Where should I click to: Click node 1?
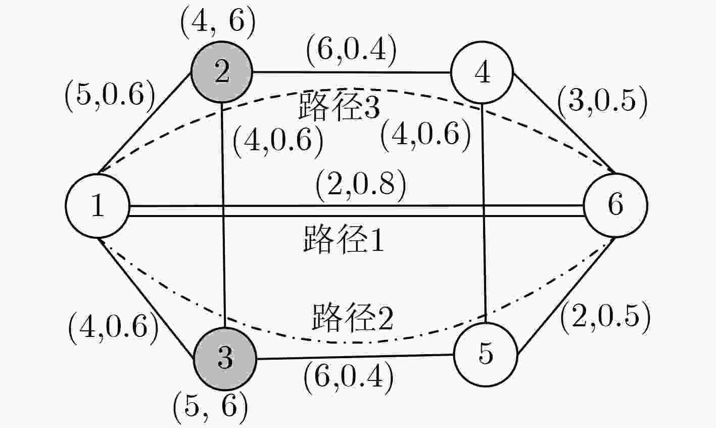98,205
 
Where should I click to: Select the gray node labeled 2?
222,72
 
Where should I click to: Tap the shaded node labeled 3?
225,359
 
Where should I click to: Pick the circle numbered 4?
482,72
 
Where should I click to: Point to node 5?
486,354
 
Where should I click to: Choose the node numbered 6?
615,205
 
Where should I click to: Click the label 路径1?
343,239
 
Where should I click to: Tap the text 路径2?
352,317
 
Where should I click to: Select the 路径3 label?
340,106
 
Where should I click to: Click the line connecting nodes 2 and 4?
352,72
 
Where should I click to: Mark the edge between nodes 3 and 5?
355,357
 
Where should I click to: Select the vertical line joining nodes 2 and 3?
223,215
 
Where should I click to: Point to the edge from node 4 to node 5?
484,213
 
